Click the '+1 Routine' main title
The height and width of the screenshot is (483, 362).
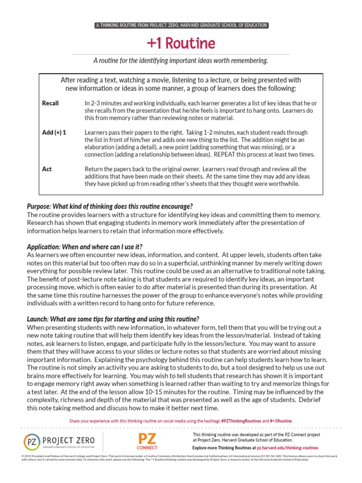tap(181, 43)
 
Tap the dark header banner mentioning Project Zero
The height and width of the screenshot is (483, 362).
tap(181, 25)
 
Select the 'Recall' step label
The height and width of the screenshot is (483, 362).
tap(50, 103)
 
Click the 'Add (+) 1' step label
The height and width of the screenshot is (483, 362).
tap(54, 133)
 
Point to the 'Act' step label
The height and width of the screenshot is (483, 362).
tap(47, 169)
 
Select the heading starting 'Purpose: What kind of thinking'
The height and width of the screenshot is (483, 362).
tap(110, 207)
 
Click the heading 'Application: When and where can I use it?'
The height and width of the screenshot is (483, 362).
tap(85, 247)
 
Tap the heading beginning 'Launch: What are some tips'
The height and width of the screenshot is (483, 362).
tap(113, 319)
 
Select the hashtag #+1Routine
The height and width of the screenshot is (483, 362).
tap(281, 420)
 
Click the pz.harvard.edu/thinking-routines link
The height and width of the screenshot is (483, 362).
tap(287, 447)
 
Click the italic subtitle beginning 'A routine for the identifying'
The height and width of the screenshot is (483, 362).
tap(181, 61)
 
